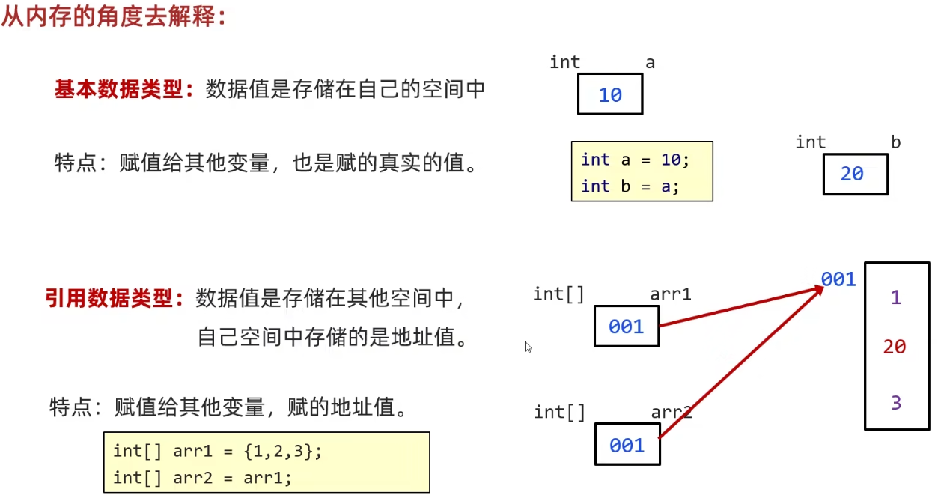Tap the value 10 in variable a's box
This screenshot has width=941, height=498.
click(x=610, y=95)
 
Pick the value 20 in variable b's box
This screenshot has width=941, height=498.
click(x=852, y=174)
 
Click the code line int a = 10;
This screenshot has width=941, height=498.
click(x=634, y=160)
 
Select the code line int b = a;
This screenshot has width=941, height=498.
click(x=630, y=186)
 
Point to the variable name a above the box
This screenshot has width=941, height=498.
click(x=650, y=63)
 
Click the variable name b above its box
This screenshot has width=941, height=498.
click(x=895, y=142)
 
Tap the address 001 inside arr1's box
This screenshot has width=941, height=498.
click(x=627, y=327)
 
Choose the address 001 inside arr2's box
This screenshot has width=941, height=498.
click(x=627, y=446)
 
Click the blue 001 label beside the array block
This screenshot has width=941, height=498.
click(x=838, y=279)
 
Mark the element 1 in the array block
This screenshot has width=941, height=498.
click(x=896, y=298)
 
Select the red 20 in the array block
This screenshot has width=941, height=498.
click(x=895, y=347)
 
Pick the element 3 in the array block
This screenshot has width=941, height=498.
click(x=896, y=403)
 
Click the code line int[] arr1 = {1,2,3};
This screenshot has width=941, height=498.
click(x=217, y=452)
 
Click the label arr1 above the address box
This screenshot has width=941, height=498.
click(x=670, y=294)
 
